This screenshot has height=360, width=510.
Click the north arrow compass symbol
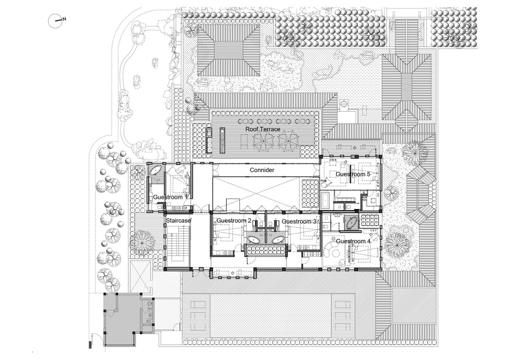click(x=55, y=21)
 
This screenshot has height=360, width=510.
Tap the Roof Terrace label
click(x=263, y=129)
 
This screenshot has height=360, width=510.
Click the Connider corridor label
click(x=262, y=170)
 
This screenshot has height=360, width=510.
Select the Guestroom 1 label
click(x=170, y=197)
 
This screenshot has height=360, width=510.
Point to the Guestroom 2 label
click(x=234, y=221)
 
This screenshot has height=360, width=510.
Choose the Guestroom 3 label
click(x=299, y=222)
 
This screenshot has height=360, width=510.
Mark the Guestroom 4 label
click(x=353, y=241)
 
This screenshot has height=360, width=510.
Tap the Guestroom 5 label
click(x=353, y=174)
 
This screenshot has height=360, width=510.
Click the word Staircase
click(x=178, y=221)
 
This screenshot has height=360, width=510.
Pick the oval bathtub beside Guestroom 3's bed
click(x=278, y=240)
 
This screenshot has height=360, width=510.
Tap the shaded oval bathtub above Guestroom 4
click(x=352, y=223)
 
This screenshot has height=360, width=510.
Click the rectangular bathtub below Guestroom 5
click(x=325, y=201)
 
